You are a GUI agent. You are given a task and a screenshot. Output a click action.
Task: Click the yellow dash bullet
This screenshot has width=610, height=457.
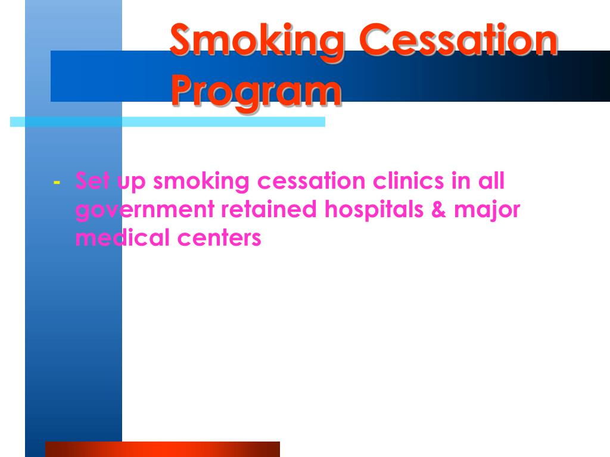(56, 181)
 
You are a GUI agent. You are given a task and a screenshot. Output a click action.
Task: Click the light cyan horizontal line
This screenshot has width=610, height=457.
(167, 122)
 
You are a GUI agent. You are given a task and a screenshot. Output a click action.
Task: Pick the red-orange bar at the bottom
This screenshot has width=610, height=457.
(162, 449)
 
